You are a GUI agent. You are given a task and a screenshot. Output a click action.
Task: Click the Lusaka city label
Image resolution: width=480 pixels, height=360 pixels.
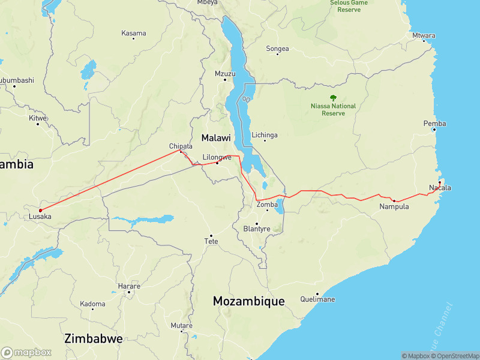click(40, 217)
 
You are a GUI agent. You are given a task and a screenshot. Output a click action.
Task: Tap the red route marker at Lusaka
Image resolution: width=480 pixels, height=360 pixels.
click(40, 210)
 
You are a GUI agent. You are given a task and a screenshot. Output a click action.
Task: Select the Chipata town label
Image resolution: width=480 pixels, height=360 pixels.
click(181, 146)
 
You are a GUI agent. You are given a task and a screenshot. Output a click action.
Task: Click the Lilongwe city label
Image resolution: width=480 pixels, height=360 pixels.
click(217, 157)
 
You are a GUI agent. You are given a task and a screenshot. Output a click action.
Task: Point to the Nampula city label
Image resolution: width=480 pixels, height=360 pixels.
click(394, 207)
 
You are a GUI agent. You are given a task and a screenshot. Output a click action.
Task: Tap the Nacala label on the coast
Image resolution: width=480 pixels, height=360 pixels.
click(440, 188)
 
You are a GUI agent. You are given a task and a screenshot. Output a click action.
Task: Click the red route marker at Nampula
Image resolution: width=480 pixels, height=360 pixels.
click(394, 200)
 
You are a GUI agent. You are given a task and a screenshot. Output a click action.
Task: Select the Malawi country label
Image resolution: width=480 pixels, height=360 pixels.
click(216, 137)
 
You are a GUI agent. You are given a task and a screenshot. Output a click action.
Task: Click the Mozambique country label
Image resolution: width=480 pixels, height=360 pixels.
click(249, 301)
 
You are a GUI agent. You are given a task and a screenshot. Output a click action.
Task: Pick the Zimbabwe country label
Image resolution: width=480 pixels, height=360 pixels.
click(94, 338)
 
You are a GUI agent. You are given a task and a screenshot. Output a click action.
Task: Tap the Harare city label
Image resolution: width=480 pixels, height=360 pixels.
click(129, 286)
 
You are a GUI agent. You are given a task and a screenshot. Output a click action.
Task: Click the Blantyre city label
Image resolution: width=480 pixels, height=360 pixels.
click(257, 229)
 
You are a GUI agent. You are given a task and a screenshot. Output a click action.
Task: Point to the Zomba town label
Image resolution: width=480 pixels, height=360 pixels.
click(267, 205)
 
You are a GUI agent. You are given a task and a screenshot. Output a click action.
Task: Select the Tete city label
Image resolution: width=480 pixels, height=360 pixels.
click(211, 241)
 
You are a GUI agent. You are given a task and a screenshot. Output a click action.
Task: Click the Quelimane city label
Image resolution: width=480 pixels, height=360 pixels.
click(318, 299)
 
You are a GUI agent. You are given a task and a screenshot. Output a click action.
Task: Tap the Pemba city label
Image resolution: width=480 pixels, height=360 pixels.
click(434, 124)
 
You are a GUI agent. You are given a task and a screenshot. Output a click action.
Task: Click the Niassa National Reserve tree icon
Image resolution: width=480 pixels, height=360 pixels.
click(333, 97)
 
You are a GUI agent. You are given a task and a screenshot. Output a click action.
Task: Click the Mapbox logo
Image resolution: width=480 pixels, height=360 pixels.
click(26, 353)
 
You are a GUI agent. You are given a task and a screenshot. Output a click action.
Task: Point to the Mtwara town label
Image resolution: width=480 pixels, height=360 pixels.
click(424, 35)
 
